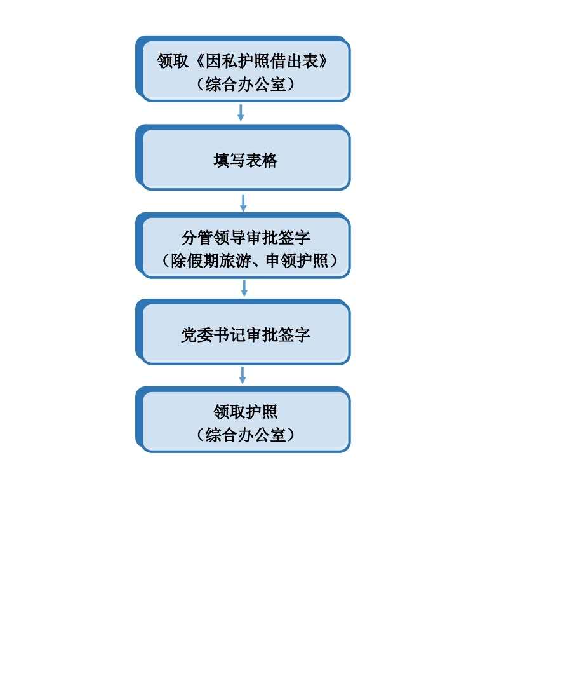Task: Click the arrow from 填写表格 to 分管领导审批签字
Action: (x=243, y=203)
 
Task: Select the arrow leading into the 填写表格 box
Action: (x=241, y=113)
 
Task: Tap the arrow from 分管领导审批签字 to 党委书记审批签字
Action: (x=244, y=288)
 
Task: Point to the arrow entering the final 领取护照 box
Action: (x=243, y=376)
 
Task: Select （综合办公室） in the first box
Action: (x=246, y=84)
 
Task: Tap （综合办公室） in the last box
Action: (x=246, y=435)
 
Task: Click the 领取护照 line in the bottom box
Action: (x=246, y=412)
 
